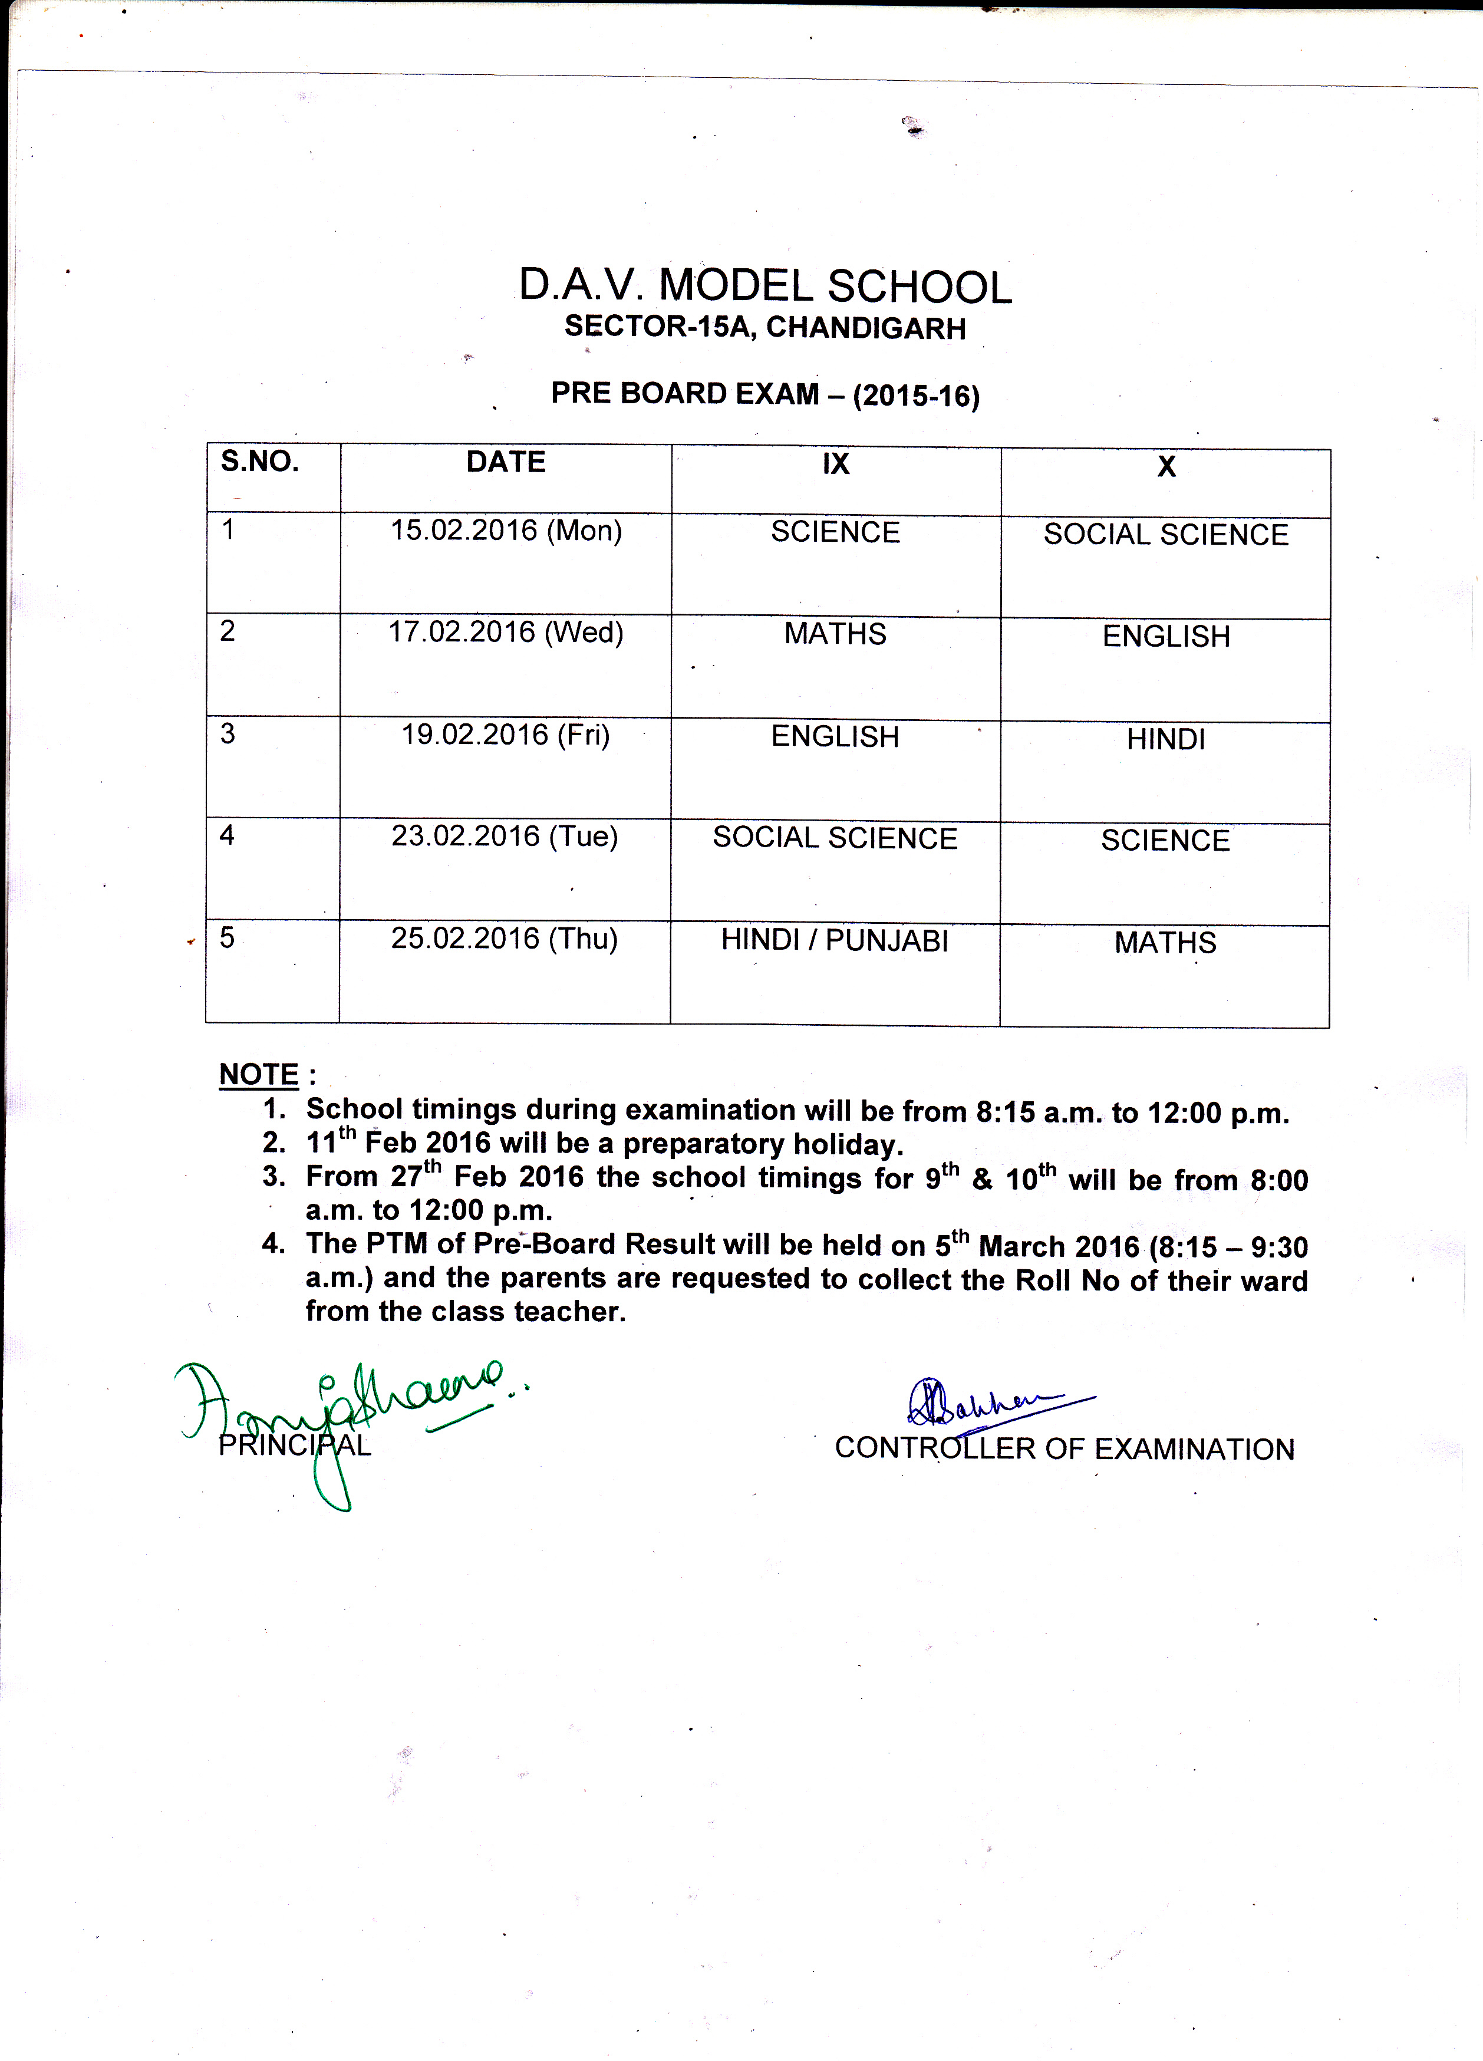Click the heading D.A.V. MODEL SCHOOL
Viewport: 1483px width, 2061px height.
pyautogui.click(x=764, y=287)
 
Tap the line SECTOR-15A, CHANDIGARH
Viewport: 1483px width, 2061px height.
pyautogui.click(x=764, y=327)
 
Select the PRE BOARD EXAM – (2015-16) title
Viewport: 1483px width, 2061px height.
pyautogui.click(x=765, y=394)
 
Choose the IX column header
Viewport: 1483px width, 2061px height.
pyautogui.click(x=835, y=465)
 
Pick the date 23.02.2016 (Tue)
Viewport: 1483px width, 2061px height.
pyautogui.click(x=505, y=836)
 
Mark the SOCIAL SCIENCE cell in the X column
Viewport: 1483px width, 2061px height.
pyautogui.click(x=1166, y=534)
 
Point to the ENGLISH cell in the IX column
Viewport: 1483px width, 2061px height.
pyautogui.click(x=835, y=736)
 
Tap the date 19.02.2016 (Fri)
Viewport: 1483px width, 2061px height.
pyautogui.click(x=505, y=734)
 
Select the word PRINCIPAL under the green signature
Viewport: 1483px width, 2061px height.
pyautogui.click(x=295, y=1446)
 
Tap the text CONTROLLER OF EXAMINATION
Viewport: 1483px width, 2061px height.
pyautogui.click(x=1064, y=1448)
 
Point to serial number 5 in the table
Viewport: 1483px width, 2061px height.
pyautogui.click(x=227, y=937)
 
